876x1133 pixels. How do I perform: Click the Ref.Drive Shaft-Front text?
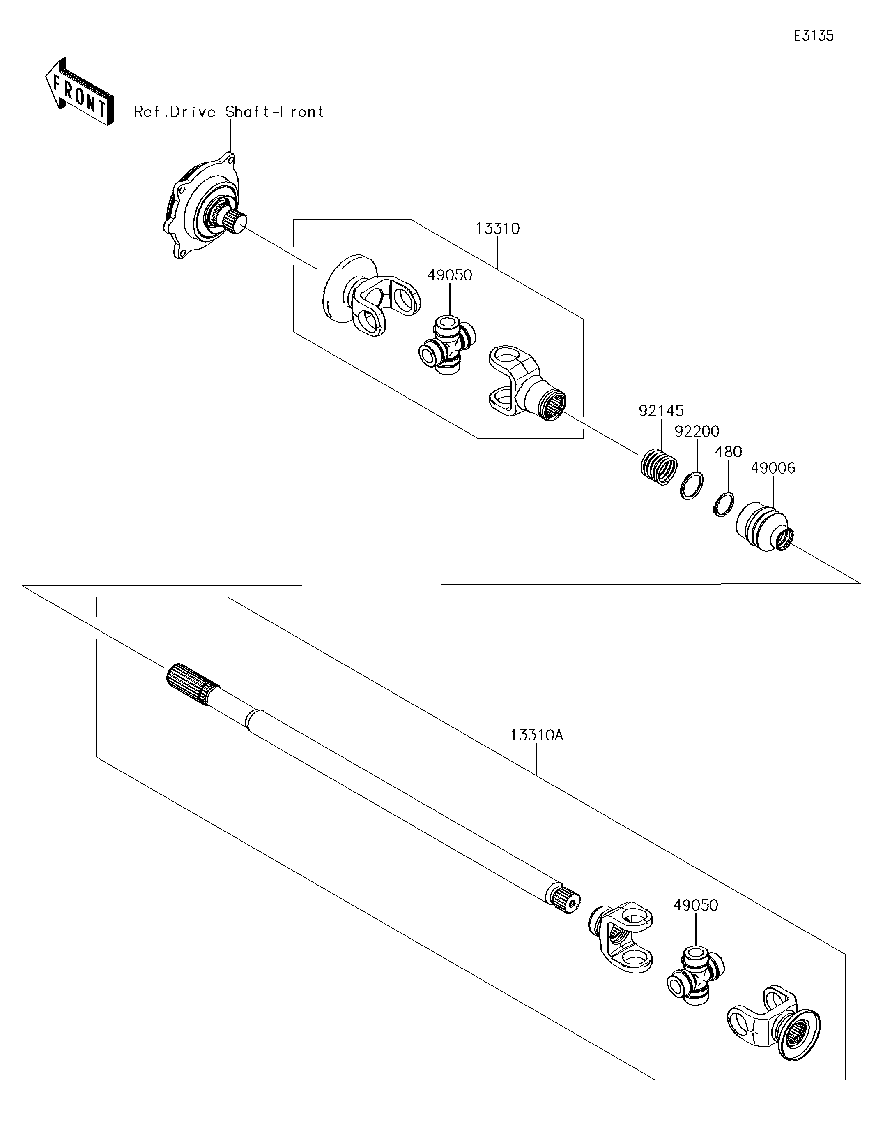tap(229, 112)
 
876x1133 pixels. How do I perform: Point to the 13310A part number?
tap(536, 735)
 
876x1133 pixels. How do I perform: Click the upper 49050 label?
tap(449, 275)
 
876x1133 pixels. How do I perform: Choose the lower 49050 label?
tap(696, 905)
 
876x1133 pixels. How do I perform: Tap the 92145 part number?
tap(661, 411)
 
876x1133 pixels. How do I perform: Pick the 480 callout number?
tap(728, 452)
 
